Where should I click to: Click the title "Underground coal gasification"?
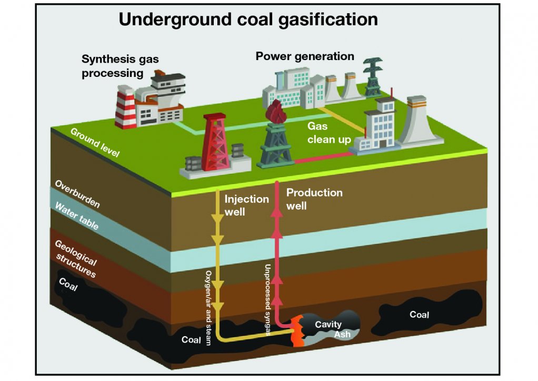248,19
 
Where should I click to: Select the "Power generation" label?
305,56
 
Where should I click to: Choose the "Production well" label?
314,199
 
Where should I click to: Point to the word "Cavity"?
328,324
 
